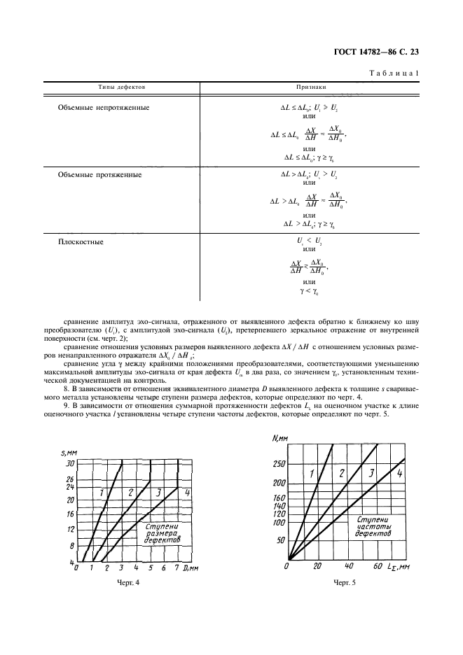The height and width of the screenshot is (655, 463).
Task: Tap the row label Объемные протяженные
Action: (99, 174)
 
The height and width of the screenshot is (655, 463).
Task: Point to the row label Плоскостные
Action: (80, 241)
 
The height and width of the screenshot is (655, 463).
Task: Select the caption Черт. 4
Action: (127, 583)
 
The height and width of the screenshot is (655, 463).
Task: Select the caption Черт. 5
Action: (345, 583)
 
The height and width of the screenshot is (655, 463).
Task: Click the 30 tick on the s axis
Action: (69, 463)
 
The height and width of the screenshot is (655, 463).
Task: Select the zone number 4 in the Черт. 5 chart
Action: (399, 474)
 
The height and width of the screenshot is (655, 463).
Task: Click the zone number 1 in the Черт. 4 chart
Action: (102, 493)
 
